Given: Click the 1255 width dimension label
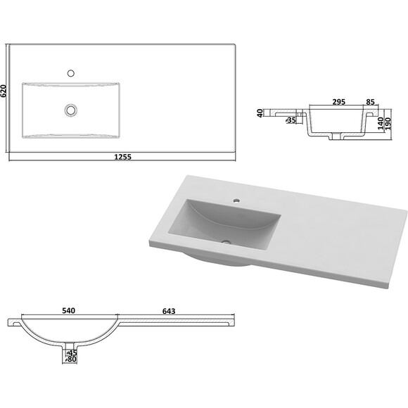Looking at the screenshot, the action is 123,157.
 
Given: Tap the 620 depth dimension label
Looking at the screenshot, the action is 4,91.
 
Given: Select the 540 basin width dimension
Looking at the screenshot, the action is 69,311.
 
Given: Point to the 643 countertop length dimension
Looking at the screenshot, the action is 169,311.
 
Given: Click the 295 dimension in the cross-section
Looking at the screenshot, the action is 339,102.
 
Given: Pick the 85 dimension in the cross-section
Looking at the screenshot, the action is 370,102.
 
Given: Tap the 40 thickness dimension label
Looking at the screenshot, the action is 260,113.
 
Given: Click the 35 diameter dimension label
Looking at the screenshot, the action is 291,120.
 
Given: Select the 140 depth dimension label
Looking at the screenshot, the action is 381,123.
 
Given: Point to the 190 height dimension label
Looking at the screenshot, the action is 388,124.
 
